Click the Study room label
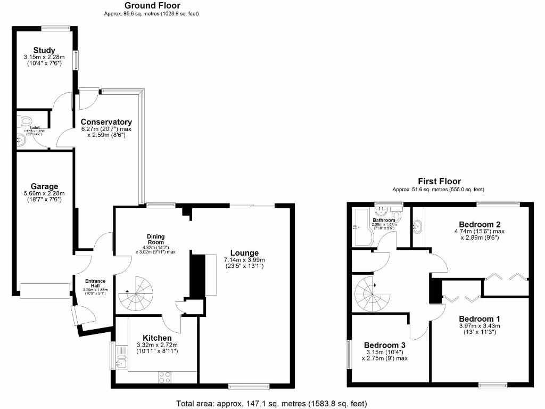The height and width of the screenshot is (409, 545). coord(44,51)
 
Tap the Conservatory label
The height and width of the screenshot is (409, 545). coord(106,122)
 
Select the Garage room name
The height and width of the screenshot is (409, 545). coord(44,186)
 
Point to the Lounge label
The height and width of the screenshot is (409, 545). coord(244,253)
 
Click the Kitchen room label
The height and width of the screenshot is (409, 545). coord(157,338)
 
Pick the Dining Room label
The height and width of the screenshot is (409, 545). coord(156,240)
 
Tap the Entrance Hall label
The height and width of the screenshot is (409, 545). coord(95,283)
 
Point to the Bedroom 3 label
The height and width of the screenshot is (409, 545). coord(384,345)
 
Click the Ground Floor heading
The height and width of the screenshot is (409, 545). coord(152,6)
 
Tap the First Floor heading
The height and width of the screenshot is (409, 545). coord(439,182)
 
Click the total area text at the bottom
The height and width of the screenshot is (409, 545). coord(271,403)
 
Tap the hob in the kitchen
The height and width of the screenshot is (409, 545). coord(165,377)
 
